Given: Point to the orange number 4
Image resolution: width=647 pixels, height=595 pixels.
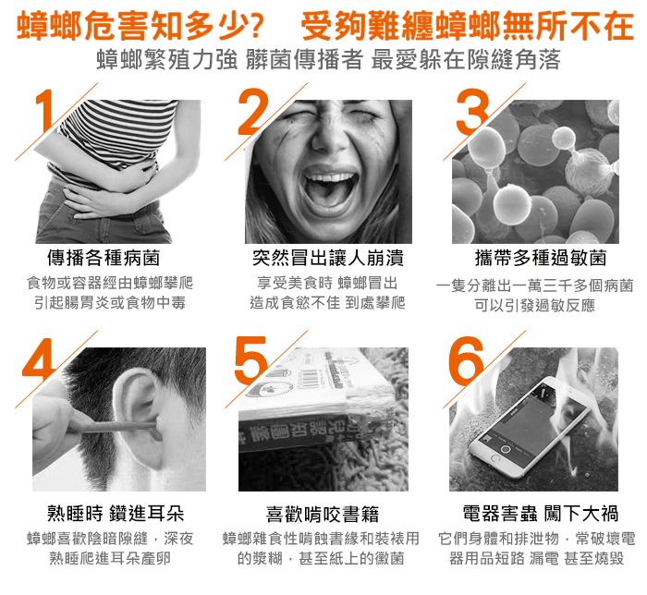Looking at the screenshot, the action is [x=39, y=358].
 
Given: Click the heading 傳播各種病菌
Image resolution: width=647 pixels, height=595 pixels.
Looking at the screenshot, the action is [x=104, y=258].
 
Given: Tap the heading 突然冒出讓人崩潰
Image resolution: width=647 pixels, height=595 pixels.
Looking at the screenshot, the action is [x=327, y=258].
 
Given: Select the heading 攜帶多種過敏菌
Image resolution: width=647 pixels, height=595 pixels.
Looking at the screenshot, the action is [x=541, y=258].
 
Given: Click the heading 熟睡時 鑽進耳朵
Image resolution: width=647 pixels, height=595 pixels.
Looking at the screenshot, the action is [x=116, y=514].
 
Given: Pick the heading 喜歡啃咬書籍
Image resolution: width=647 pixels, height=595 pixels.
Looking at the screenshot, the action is [x=323, y=515].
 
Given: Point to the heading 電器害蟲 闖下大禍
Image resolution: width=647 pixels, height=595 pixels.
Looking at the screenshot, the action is [x=541, y=514].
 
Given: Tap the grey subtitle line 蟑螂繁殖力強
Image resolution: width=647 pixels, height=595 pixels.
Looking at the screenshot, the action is [x=167, y=59].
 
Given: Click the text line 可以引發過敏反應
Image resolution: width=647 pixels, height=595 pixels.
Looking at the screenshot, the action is [x=535, y=306].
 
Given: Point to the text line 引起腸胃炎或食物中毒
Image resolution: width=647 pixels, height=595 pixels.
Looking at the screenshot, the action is [x=110, y=303].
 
